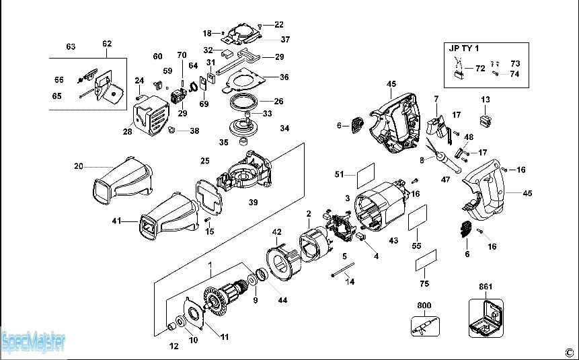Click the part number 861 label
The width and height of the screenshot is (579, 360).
pos(486,287)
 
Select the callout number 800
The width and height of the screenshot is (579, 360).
pos(424,305)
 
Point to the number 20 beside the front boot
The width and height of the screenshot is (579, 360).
pos(78,166)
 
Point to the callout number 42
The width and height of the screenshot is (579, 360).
pos(276,231)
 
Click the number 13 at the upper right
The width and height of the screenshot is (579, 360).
pos(486,100)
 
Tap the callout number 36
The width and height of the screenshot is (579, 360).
pos(284,77)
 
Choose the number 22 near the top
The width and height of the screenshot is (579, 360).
pos(279,24)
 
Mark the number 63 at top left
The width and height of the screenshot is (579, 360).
pos(71,46)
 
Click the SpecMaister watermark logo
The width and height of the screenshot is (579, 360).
pos(33,341)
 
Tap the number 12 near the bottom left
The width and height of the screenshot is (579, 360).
pos(173,347)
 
